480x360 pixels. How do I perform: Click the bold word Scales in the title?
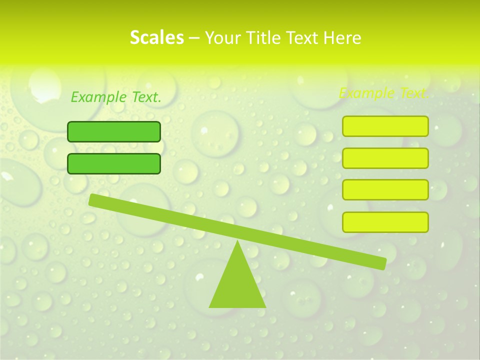pyautogui.click(x=156, y=37)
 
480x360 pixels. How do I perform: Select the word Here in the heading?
pyautogui.click(x=342, y=38)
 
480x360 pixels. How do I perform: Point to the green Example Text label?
pyautogui.click(x=116, y=97)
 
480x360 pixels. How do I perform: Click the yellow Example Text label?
pyautogui.click(x=383, y=93)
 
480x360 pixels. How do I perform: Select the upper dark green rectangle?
pyautogui.click(x=114, y=131)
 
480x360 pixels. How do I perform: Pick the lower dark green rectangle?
pyautogui.click(x=114, y=163)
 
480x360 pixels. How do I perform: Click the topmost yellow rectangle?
pyautogui.click(x=385, y=126)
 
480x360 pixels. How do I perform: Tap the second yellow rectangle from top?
pyautogui.click(x=385, y=158)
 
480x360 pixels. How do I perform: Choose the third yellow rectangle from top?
pyautogui.click(x=385, y=190)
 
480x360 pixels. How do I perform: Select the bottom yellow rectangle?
pyautogui.click(x=385, y=222)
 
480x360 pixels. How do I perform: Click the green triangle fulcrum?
pyautogui.click(x=237, y=285)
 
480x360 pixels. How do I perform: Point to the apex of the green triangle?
pyautogui.click(x=237, y=242)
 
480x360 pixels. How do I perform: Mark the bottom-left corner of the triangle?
pyautogui.click(x=210, y=306)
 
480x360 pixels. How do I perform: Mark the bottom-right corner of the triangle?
pyautogui.click(x=265, y=306)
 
